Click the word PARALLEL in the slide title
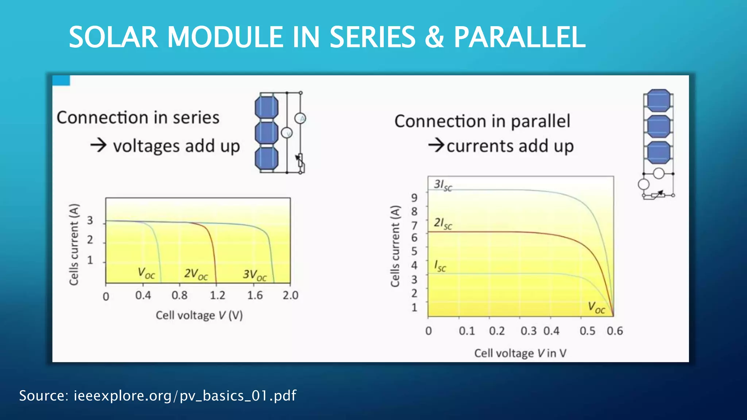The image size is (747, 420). pos(519,37)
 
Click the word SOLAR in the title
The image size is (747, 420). pos(113,37)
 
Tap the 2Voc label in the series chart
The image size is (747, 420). pos(196,274)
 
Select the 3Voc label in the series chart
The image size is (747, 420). pos(255,275)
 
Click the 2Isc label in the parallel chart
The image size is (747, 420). pos(443,223)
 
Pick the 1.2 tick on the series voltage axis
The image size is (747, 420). pos(217,295)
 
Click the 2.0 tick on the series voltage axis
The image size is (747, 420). pos(291,295)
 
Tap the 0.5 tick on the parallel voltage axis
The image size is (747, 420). pos(587,331)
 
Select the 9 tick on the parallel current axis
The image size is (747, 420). pos(414,198)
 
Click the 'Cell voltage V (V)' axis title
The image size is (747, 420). pos(199,315)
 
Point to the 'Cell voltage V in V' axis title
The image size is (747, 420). pos(520,353)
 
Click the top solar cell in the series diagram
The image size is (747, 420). pos(267,107)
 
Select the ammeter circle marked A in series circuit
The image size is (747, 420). pos(301,118)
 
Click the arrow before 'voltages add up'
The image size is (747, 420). pos(98,145)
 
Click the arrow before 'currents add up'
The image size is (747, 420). pos(436,145)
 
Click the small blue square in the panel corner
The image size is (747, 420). pos(61,81)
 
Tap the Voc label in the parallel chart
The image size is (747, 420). pos(596,308)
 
